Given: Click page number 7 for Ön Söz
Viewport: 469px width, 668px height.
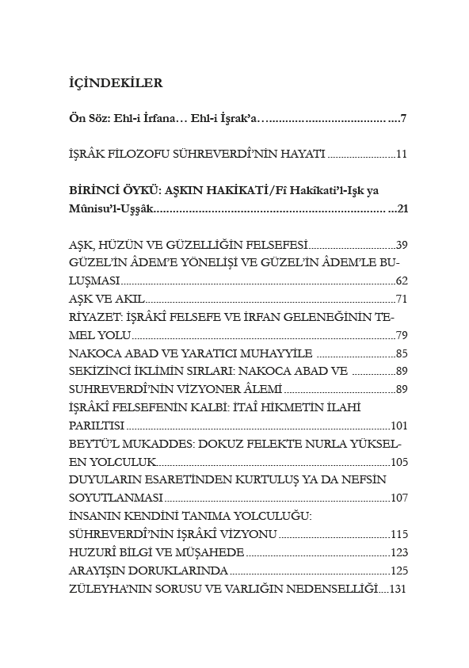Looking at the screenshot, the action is pos(403,119).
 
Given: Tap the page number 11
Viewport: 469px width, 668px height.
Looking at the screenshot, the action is pos(401,154).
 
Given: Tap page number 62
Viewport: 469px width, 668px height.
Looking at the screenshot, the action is pos(401,281).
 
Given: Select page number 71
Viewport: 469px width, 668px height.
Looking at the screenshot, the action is pos(401,299).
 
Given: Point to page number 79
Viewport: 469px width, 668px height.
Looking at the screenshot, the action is pos(401,335).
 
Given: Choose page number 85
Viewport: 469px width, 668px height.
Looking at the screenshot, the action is pos(401,353).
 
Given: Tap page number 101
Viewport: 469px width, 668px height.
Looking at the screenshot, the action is pos(398,426).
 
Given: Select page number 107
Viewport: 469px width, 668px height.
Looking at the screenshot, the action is pos(398,498).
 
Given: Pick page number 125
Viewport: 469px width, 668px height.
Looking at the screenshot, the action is pos(398,571).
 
